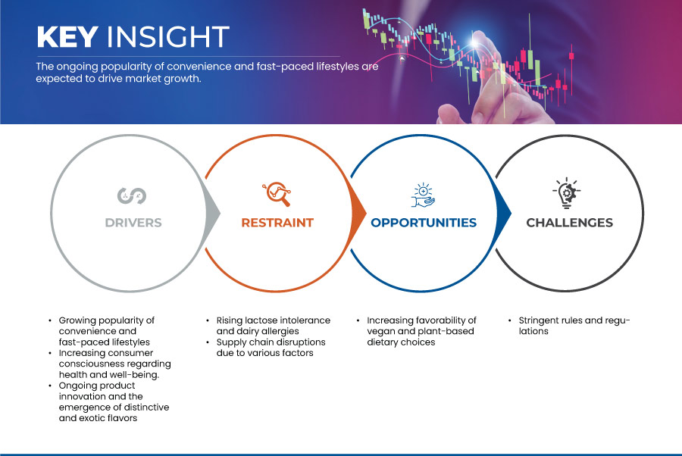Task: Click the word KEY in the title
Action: point(67,36)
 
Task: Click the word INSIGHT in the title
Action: point(168,36)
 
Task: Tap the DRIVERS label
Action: point(133,223)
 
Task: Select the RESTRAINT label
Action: point(277,223)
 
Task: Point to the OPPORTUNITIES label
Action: point(424,223)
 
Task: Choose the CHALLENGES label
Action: point(569,223)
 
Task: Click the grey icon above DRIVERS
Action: point(132,195)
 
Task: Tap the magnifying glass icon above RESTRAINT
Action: point(277,194)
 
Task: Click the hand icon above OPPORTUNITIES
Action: point(423,195)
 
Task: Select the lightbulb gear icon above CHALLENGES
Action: point(567,193)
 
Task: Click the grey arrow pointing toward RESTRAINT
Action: point(212,213)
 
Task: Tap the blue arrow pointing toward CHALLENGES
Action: point(503,213)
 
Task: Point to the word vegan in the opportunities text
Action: point(380,331)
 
